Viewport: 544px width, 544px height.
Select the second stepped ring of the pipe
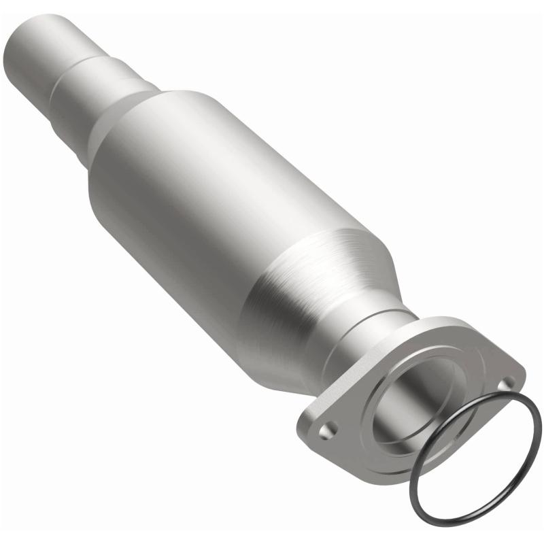80,95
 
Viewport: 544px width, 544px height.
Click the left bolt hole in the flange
330,429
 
